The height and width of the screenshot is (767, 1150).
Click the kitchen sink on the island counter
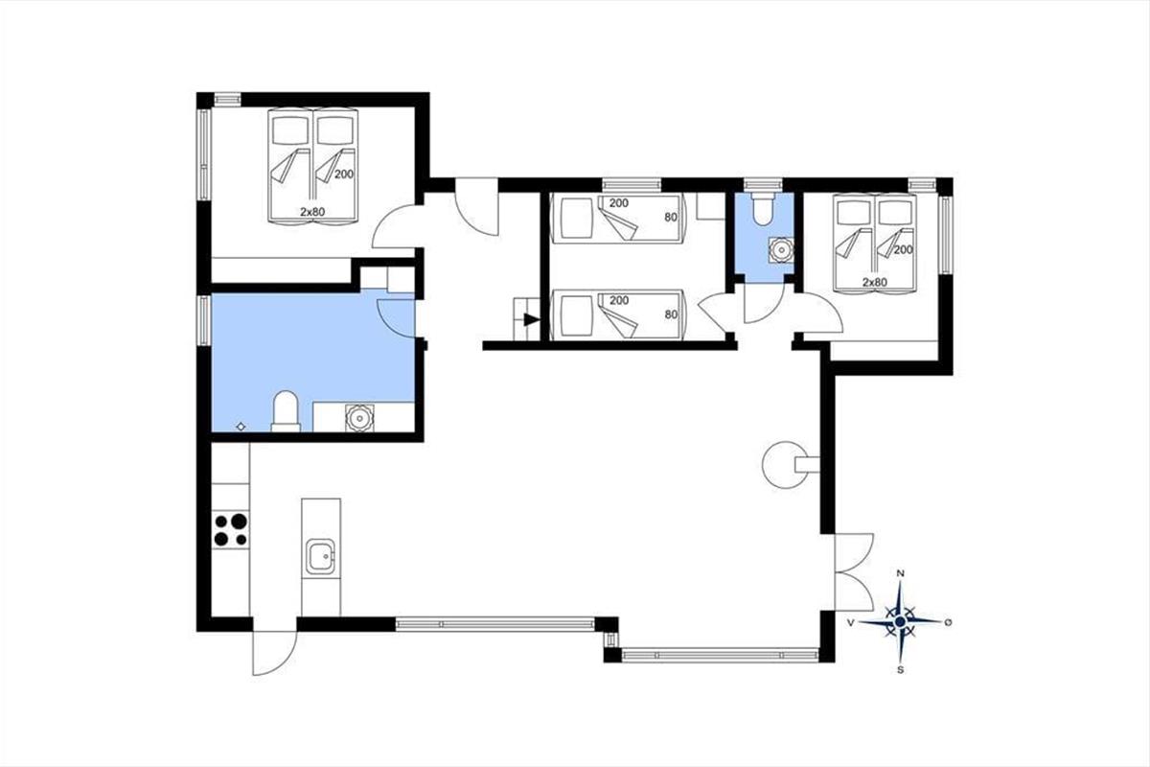coord(321,557)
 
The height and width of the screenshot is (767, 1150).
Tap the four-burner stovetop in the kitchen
coord(231,529)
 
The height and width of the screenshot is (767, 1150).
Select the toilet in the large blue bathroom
coord(286,411)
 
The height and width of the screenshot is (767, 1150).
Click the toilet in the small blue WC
coord(763,209)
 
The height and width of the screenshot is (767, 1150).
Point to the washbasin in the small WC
coord(781,250)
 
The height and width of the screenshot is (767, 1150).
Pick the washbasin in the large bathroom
coord(359,418)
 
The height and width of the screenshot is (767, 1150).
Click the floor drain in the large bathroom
coord(241,427)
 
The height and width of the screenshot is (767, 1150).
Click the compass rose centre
coord(900,622)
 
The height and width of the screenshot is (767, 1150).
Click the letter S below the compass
coord(900,670)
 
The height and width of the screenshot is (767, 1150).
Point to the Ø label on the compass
coord(948,622)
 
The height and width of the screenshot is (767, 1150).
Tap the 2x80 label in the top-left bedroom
coord(312,212)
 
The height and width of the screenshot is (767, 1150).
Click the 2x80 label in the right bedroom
coord(875,282)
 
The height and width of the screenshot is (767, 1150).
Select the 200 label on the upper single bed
coord(619,203)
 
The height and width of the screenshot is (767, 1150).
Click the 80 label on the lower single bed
coord(671,314)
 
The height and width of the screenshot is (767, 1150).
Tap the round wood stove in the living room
coord(786,465)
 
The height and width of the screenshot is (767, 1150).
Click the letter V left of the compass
coord(851,622)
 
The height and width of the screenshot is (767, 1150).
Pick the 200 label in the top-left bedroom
coord(344,174)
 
